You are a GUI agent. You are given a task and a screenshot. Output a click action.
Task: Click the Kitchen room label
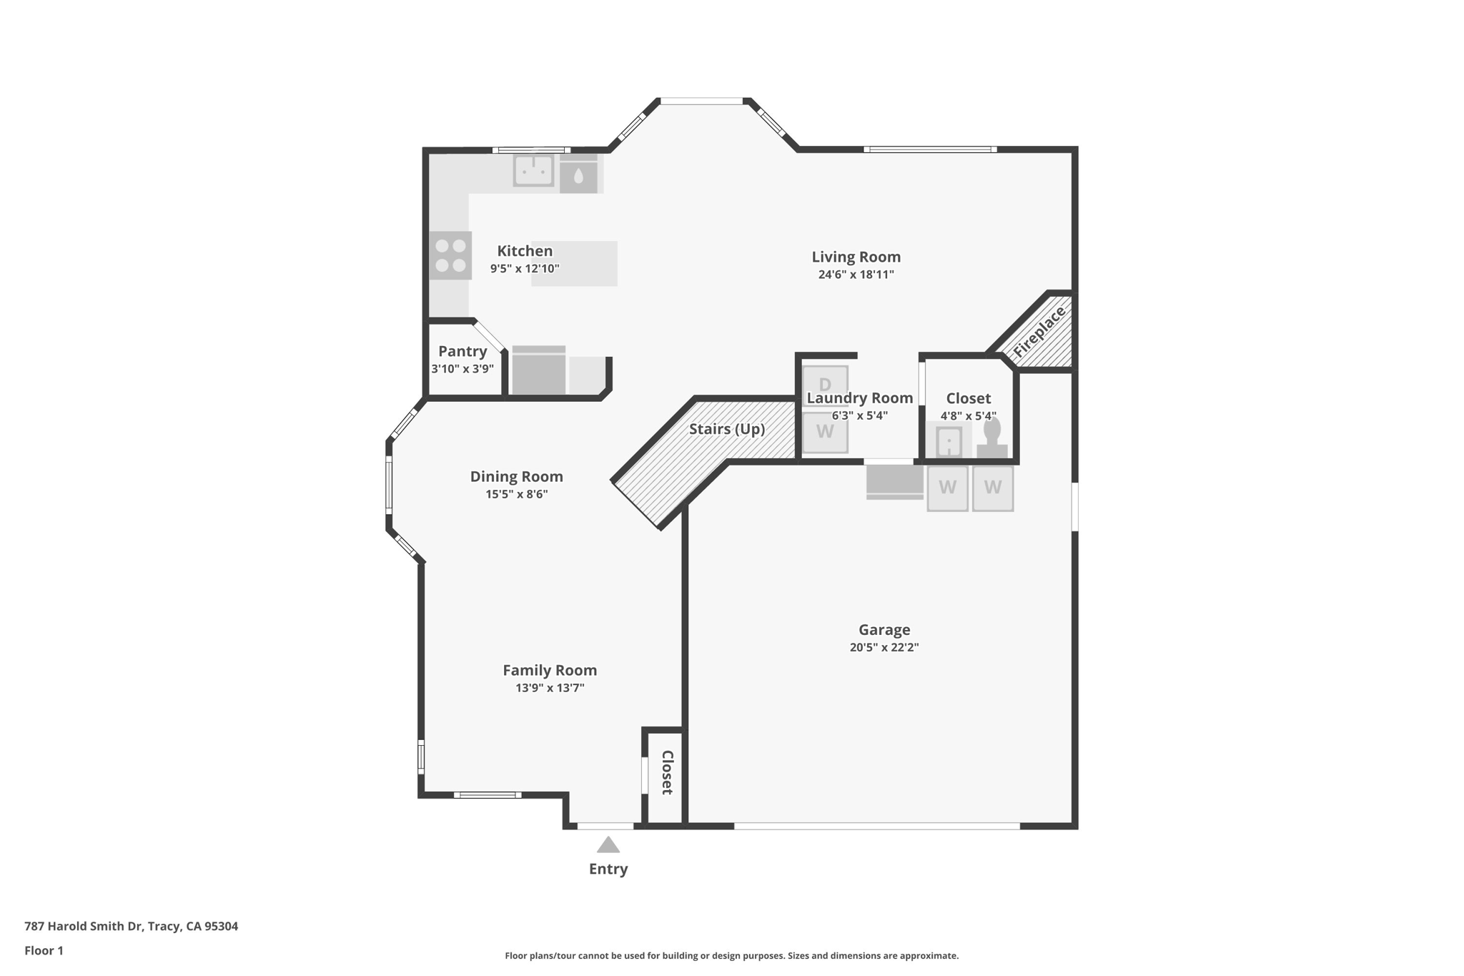coord(525,251)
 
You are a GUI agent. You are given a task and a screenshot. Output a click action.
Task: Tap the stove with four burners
coord(450,255)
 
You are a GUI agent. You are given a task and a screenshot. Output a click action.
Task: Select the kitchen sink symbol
coord(533,171)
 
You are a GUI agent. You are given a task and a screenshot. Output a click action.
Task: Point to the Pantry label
coord(463,351)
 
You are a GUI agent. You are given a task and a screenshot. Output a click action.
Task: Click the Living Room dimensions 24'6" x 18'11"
coord(856,275)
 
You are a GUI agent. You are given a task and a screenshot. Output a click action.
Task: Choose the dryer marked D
coord(825,385)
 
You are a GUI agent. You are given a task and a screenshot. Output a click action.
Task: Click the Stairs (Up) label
coord(727,429)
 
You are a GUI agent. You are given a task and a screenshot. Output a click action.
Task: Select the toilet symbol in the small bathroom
coord(992,438)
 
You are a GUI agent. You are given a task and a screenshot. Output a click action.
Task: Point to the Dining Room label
coord(516,476)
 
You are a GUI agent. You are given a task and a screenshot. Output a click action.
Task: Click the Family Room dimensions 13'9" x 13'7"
coord(550,688)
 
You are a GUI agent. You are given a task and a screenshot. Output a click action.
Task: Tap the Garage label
coord(884,630)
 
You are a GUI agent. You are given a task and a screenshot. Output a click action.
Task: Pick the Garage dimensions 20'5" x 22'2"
coord(884,648)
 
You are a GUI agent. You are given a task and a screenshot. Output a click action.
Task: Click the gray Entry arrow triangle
coord(608,845)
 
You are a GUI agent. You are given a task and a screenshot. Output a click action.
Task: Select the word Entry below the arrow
coord(608,869)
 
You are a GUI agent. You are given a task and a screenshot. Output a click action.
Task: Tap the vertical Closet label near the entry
coord(667,773)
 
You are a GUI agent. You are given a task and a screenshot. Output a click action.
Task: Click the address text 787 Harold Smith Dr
coord(83,926)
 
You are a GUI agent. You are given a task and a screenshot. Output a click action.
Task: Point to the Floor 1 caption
coord(44,950)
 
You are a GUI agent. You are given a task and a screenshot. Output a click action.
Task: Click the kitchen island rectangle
coord(574,264)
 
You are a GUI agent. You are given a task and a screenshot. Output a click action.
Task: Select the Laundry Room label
coord(860,398)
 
